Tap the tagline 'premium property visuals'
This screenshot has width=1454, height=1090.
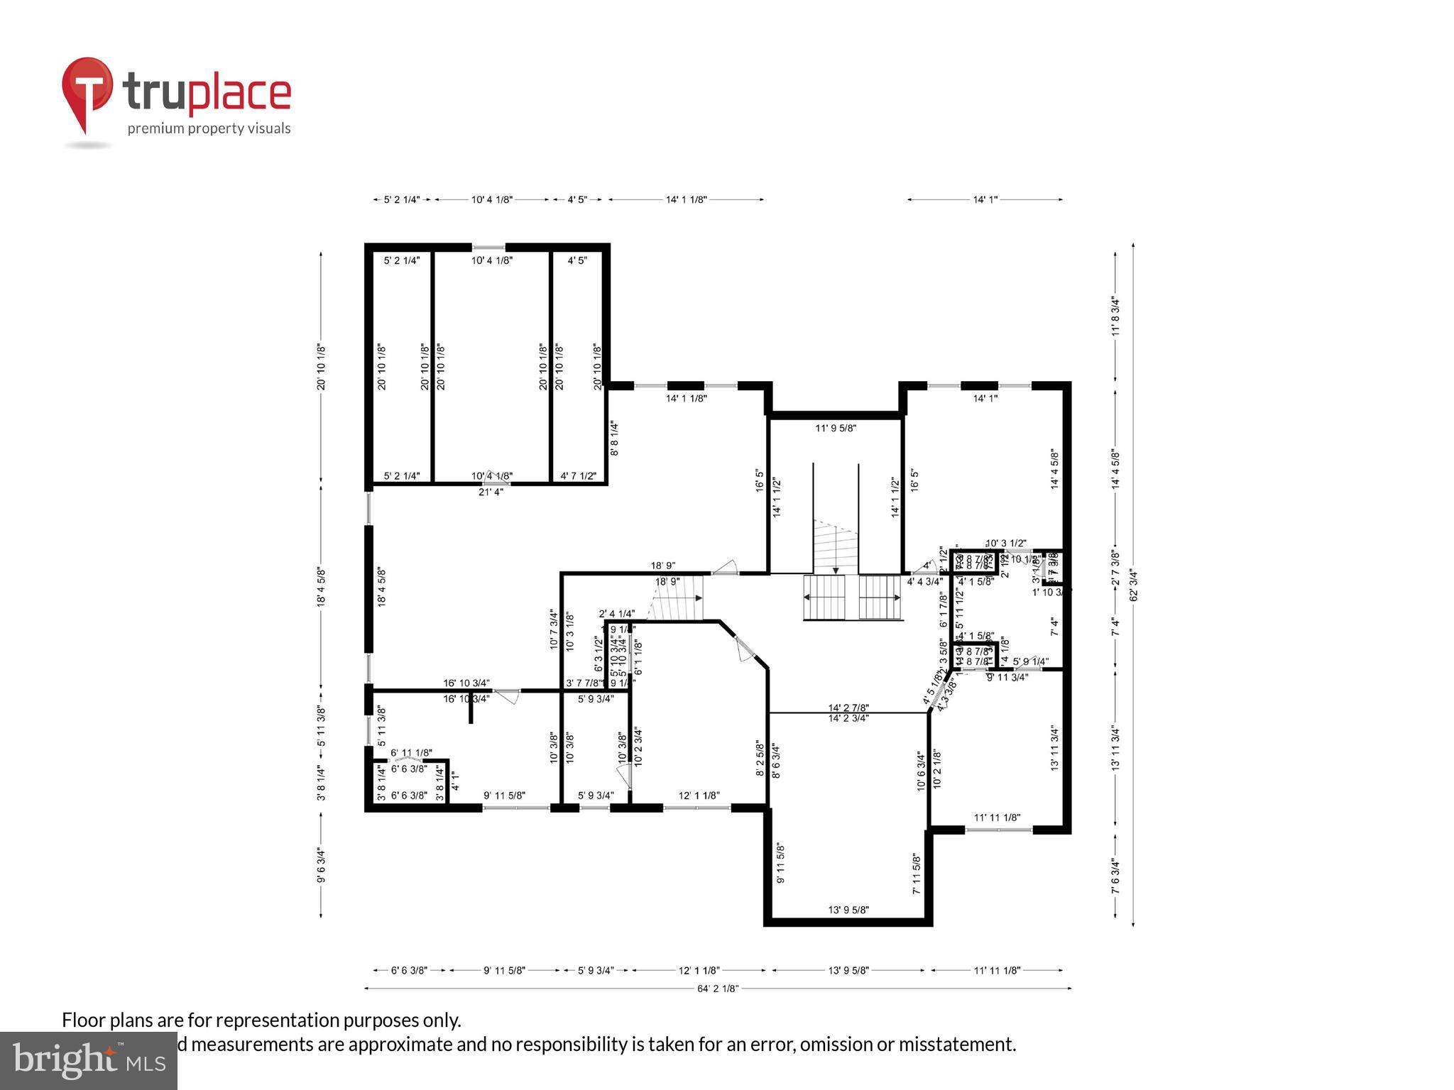209,128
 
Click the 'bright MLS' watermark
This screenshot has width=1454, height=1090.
88,1060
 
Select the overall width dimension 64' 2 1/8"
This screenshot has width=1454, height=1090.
718,988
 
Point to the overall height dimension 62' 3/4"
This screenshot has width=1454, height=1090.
1133,585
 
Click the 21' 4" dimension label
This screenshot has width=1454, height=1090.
491,492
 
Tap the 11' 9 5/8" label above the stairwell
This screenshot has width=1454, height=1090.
836,428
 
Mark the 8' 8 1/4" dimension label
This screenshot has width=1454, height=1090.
614,439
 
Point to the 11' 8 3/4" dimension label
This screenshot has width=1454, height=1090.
1115,316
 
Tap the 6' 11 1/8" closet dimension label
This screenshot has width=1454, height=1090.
411,752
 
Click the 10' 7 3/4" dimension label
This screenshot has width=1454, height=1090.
554,630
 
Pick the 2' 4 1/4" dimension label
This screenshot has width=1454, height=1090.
616,614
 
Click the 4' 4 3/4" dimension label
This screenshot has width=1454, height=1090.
924,581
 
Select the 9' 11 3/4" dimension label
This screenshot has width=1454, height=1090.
1007,677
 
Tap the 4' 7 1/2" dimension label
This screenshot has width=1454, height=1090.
578,476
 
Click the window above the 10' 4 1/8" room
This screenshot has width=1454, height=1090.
489,248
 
